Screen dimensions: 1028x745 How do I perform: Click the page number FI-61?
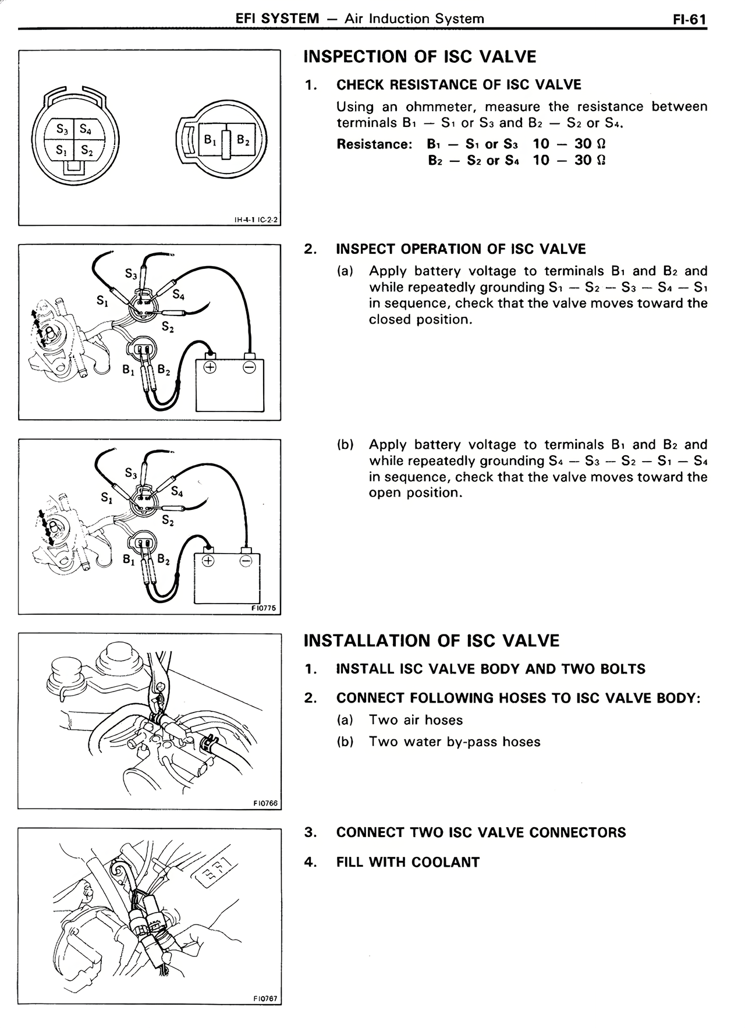(x=689, y=19)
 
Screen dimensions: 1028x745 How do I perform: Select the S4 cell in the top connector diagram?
(x=86, y=129)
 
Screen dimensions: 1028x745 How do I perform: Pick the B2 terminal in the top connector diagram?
(x=243, y=140)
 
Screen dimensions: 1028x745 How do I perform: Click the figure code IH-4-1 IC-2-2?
(x=256, y=220)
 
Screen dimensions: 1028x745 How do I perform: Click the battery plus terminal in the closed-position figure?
(x=210, y=367)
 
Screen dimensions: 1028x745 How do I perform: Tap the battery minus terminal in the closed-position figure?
(x=249, y=367)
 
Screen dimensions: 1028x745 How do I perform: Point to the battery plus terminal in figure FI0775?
(x=207, y=561)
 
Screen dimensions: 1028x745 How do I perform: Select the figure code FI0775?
(x=264, y=608)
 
